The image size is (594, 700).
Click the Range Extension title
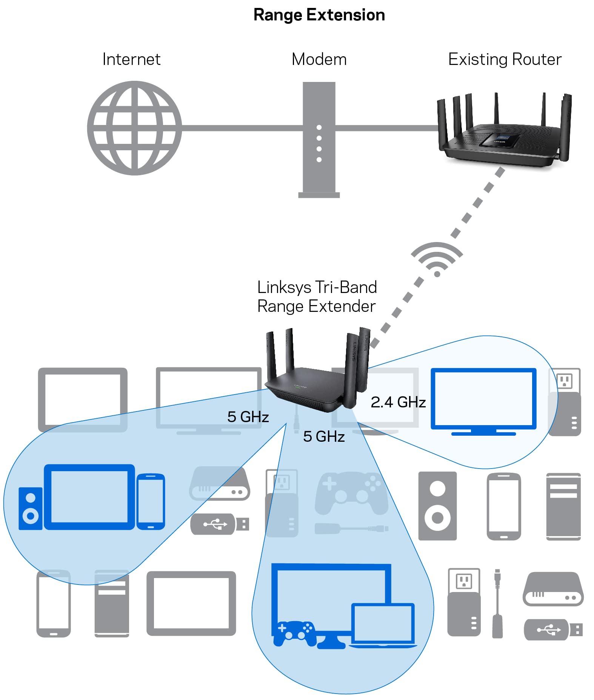pyautogui.click(x=319, y=15)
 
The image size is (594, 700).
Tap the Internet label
pyautogui.click(x=131, y=59)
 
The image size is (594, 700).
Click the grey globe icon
pyautogui.click(x=134, y=128)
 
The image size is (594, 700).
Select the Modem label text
pyautogui.click(x=319, y=59)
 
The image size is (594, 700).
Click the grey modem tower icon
pyautogui.click(x=319, y=140)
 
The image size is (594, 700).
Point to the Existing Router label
pyautogui.click(x=505, y=59)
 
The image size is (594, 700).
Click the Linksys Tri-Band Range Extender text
pyautogui.click(x=317, y=297)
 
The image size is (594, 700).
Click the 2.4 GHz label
pyautogui.click(x=398, y=402)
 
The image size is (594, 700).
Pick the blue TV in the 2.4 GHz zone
pyautogui.click(x=483, y=400)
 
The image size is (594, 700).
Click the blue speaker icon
pyautogui.click(x=30, y=508)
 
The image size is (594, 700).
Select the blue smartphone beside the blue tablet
pyautogui.click(x=151, y=501)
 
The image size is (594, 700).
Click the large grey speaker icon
pyautogui.click(x=437, y=506)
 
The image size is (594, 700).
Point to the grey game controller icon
pyautogui.click(x=351, y=493)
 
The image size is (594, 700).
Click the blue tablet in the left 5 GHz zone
pyautogui.click(x=89, y=496)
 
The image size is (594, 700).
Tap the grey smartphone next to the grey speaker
pyautogui.click(x=504, y=506)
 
